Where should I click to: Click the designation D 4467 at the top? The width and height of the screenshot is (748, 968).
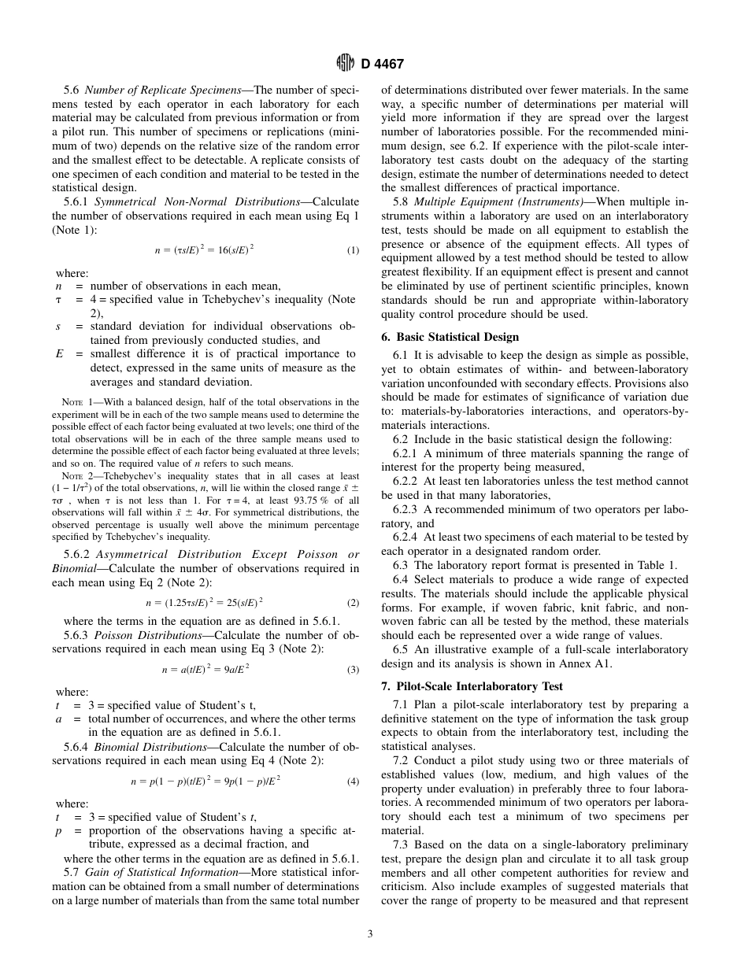[x=382, y=65]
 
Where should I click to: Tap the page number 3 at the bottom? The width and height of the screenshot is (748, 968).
[x=370, y=934]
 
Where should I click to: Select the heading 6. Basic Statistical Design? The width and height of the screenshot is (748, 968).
[x=451, y=337]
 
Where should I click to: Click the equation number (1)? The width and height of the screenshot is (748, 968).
[x=353, y=251]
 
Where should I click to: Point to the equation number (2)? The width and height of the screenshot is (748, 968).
[x=353, y=603]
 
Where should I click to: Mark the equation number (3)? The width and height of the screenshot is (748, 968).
[x=353, y=670]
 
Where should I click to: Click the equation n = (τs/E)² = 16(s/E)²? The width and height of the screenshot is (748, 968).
[x=204, y=250]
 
